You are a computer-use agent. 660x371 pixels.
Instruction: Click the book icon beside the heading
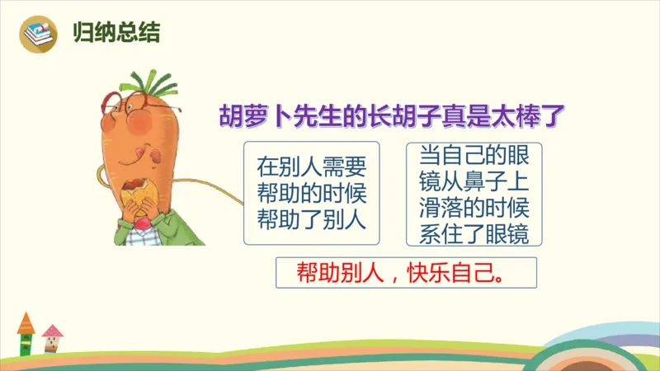[38, 33]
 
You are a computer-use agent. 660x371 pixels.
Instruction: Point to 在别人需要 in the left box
[311, 167]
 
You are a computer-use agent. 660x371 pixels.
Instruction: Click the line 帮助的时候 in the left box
[311, 195]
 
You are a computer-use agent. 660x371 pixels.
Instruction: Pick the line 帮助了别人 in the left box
[311, 220]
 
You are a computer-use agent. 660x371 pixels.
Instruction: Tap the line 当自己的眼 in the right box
[474, 155]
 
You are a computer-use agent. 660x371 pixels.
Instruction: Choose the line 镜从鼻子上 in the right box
[474, 181]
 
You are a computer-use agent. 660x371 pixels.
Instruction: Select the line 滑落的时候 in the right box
[474, 206]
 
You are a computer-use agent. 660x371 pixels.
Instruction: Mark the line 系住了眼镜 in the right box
[474, 232]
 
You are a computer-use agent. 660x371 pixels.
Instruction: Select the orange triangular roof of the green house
[27, 322]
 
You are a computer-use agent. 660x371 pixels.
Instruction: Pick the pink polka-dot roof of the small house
[53, 331]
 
